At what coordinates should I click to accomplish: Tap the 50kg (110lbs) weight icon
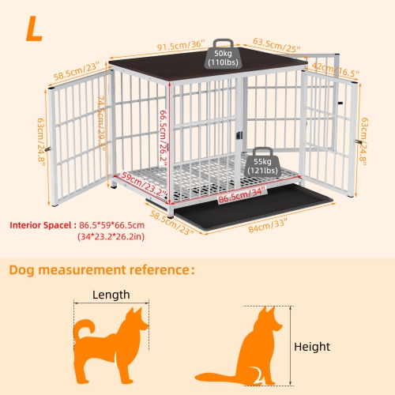tap(222, 55)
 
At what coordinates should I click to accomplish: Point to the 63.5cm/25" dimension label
tap(276, 44)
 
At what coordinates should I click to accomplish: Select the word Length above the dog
tap(111, 295)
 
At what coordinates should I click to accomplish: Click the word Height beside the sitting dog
tap(312, 346)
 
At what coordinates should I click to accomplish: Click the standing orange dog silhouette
tap(111, 340)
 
